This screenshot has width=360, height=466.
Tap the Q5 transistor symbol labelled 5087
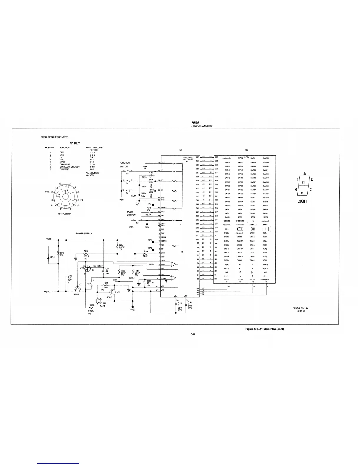coord(113,292)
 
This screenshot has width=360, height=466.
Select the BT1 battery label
coord(62,253)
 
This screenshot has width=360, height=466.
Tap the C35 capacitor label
coord(69,276)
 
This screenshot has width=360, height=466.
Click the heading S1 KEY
coord(75,143)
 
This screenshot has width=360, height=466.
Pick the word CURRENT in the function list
coord(64,169)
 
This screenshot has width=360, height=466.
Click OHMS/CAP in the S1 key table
coord(65,164)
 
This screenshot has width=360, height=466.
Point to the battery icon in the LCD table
coord(240,229)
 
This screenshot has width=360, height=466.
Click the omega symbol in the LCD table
coord(240,272)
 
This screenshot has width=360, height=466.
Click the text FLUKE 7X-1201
coord(301,308)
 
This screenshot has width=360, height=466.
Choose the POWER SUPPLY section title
coord(84,233)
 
